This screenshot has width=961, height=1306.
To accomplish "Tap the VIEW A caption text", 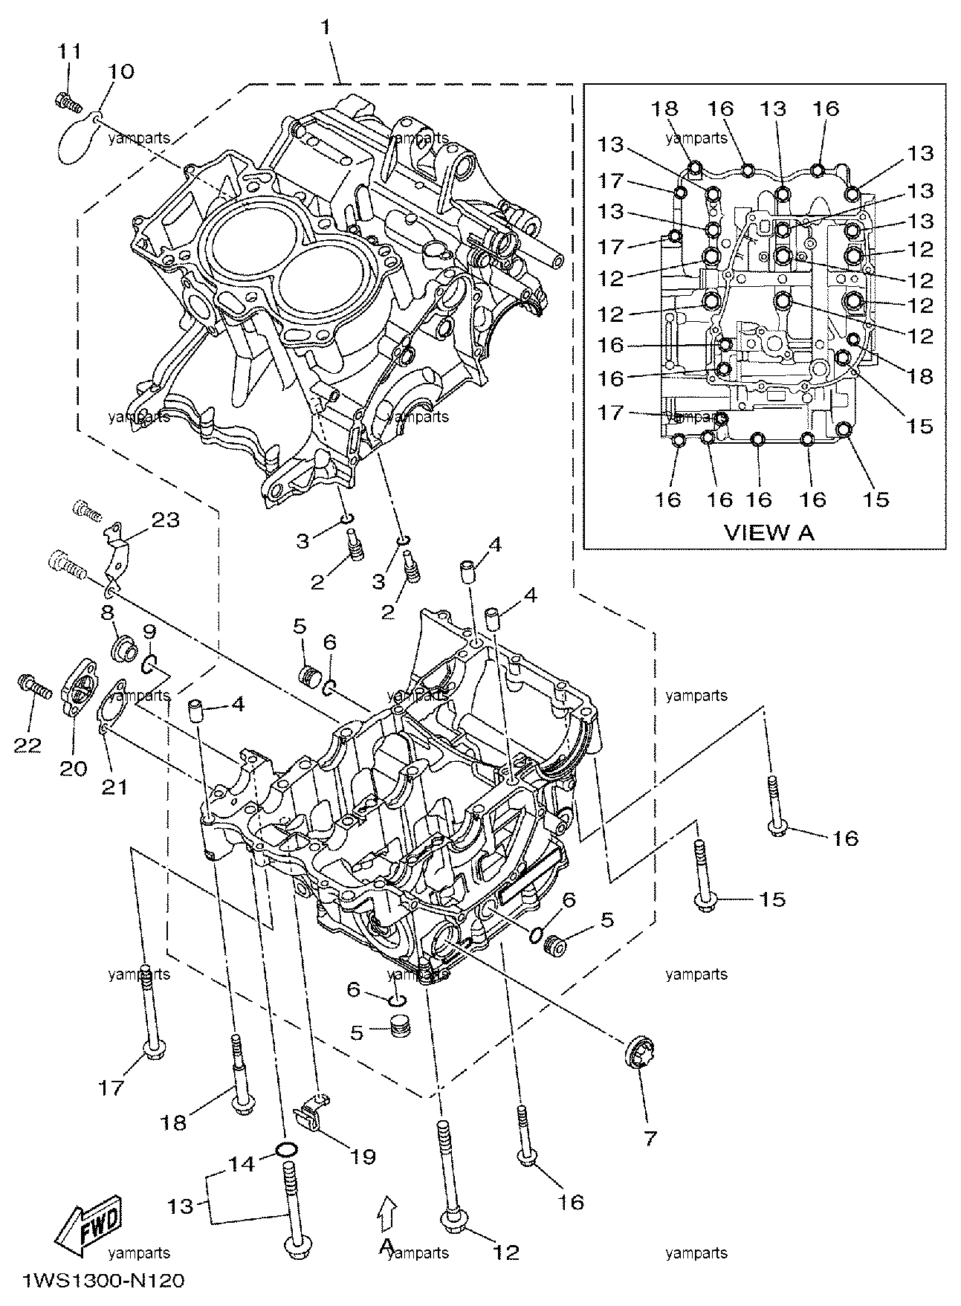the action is pyautogui.click(x=769, y=531).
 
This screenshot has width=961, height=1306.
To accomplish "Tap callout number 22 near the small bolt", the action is pyautogui.click(x=28, y=746).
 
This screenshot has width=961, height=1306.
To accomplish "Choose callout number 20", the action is pyautogui.click(x=74, y=767).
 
